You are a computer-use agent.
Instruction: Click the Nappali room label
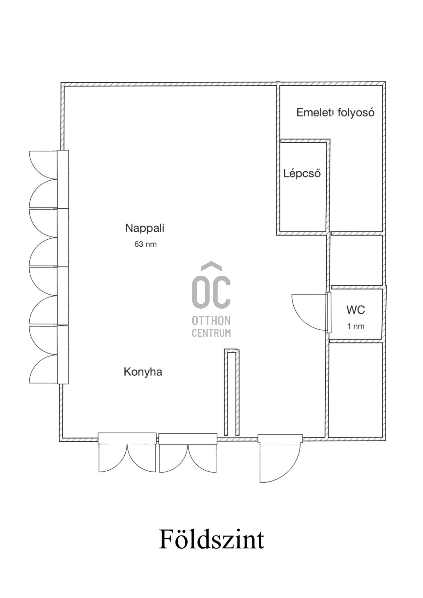tap(145, 228)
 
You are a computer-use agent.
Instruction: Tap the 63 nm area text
tap(145, 244)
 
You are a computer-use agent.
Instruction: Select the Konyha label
tap(143, 372)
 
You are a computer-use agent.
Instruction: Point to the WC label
tap(356, 310)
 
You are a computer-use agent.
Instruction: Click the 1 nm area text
tap(356, 326)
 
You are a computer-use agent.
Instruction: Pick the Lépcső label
tap(302, 173)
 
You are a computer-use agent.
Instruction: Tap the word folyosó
tap(356, 112)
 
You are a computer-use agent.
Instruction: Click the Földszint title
tap(211, 539)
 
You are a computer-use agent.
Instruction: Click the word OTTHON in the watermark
tap(211, 320)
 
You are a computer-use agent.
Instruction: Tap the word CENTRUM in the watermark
tap(211, 333)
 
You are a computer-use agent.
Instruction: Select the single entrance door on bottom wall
tap(280, 458)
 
